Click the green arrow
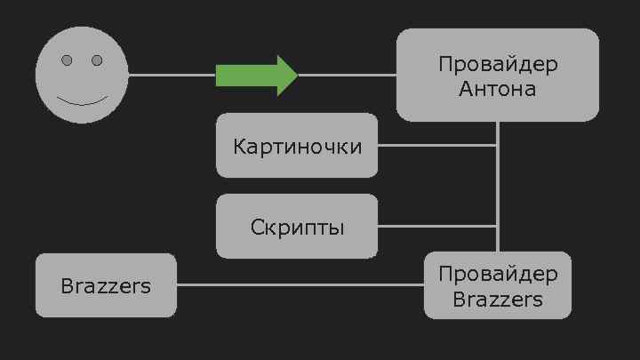(253, 76)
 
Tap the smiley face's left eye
(68, 60)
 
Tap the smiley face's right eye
(97, 60)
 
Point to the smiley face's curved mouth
(82, 100)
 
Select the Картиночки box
(297, 145)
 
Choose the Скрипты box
(297, 227)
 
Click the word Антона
(498, 89)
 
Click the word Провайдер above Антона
(498, 65)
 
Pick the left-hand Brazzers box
(106, 285)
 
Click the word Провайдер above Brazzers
(498, 274)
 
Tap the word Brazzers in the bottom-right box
(498, 299)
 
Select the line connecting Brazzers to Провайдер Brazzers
(300, 285)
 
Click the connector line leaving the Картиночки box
(436, 145)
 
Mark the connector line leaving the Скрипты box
(436, 227)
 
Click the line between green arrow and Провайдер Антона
(347, 76)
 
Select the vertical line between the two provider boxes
(498, 187)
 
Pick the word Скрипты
(297, 228)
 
